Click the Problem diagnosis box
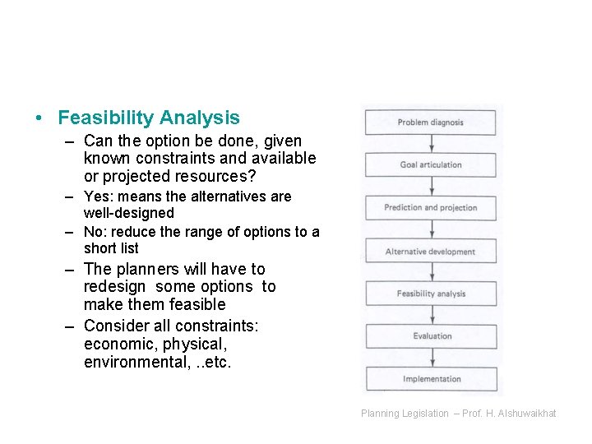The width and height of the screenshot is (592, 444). (431, 123)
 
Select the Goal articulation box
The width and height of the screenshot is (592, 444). (431, 165)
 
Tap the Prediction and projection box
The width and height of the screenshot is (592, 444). (431, 208)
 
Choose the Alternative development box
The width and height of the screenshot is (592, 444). (431, 252)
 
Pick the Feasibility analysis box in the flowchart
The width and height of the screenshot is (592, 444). (431, 294)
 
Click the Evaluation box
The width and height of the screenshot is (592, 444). (431, 336)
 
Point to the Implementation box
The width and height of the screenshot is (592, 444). (431, 379)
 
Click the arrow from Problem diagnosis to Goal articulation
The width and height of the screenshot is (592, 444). (431, 144)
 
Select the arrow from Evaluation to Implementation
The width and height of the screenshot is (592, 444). (431, 358)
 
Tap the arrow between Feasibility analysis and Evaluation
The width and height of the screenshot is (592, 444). (431, 315)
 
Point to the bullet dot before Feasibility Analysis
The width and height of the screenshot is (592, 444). (39, 119)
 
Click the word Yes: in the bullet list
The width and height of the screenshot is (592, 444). (99, 197)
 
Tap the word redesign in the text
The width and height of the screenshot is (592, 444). (114, 287)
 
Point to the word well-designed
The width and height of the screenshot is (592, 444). (128, 213)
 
